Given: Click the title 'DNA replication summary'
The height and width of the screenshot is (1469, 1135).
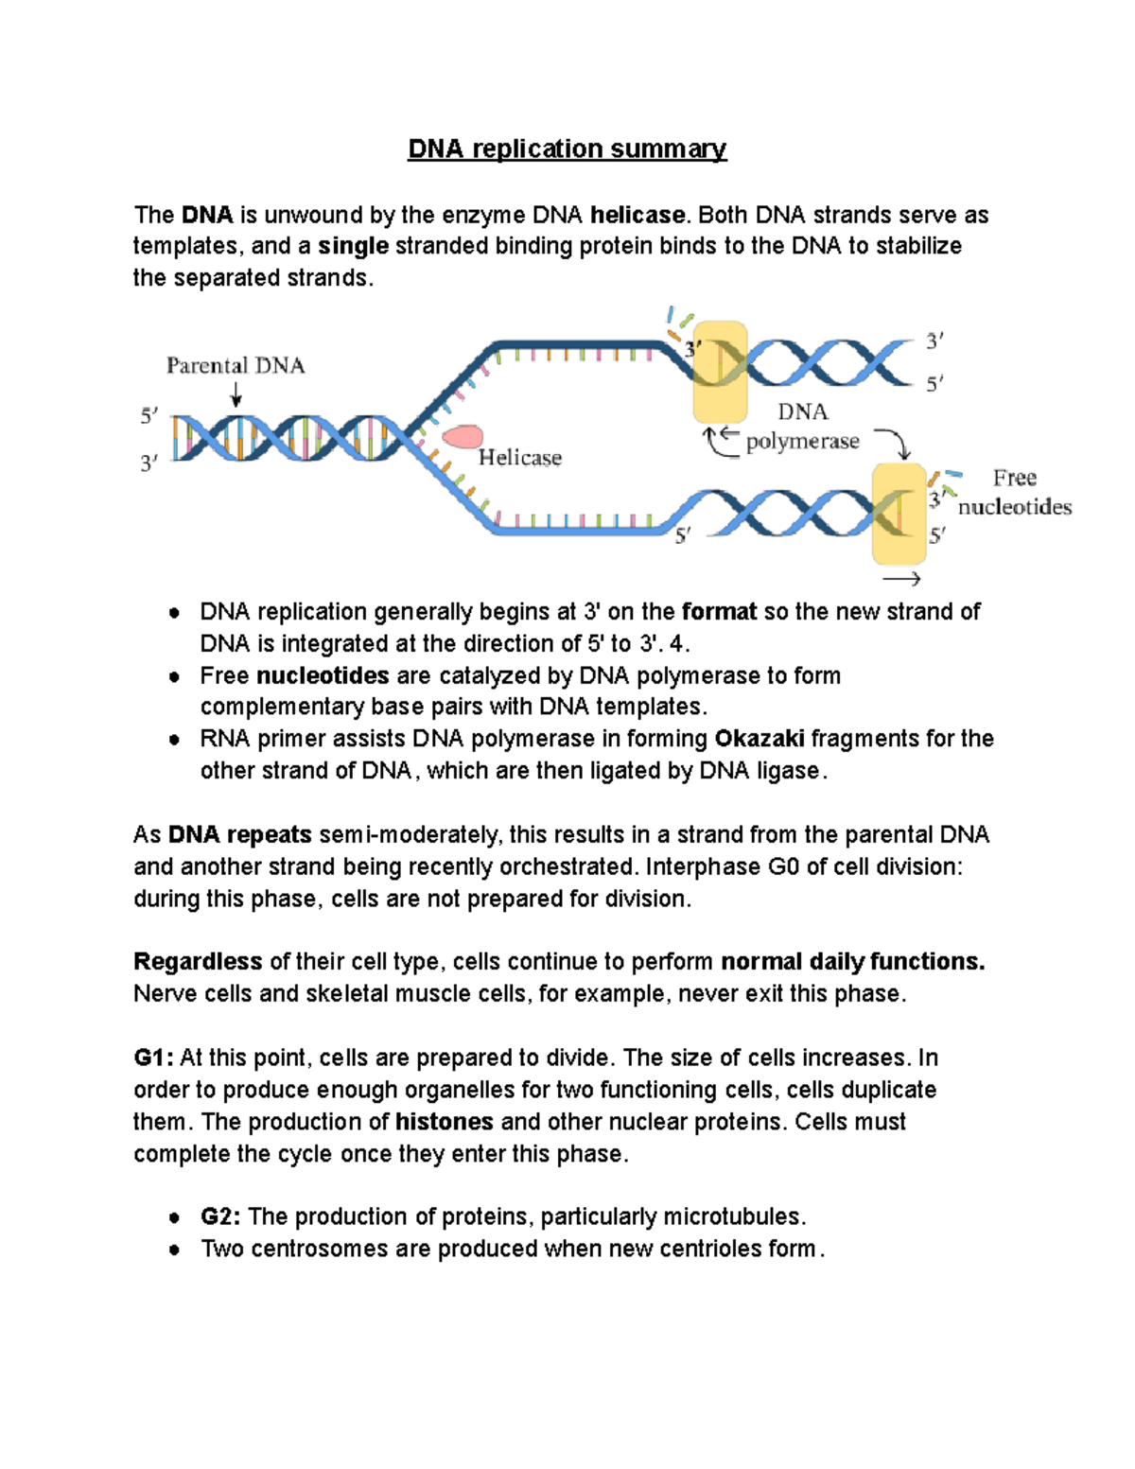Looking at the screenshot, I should click(567, 149).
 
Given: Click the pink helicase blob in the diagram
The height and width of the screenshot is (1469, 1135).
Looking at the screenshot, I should click(463, 437).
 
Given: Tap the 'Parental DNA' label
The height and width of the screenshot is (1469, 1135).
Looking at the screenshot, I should click(236, 366).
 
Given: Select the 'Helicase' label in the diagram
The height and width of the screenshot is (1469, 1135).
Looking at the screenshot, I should click(519, 459).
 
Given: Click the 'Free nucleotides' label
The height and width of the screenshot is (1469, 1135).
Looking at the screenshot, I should click(1014, 493).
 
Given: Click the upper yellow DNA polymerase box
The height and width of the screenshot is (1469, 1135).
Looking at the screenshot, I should click(720, 372).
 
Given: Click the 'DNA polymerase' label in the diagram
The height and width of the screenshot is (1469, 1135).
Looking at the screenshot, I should click(802, 427).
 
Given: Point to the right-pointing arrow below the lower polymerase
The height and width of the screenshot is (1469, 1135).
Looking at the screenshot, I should click(901, 579).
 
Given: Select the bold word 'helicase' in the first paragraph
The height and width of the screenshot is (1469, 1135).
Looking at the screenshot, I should click(637, 216).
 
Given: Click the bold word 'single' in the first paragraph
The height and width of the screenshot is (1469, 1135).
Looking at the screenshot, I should click(353, 247).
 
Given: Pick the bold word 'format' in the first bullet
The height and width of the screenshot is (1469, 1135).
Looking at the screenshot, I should click(719, 612).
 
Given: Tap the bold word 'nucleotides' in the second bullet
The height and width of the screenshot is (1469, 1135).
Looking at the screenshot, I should click(323, 676).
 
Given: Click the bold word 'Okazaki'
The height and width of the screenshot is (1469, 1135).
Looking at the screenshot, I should click(760, 739).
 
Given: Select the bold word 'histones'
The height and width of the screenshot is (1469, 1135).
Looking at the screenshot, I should click(444, 1122).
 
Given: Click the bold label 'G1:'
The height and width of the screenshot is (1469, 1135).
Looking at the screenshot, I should click(153, 1058).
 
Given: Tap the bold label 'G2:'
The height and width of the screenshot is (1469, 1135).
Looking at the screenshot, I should click(220, 1216).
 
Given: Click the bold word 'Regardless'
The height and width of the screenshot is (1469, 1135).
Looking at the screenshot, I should click(198, 962).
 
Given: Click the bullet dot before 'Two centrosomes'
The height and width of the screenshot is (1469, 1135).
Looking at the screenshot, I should click(174, 1250).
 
